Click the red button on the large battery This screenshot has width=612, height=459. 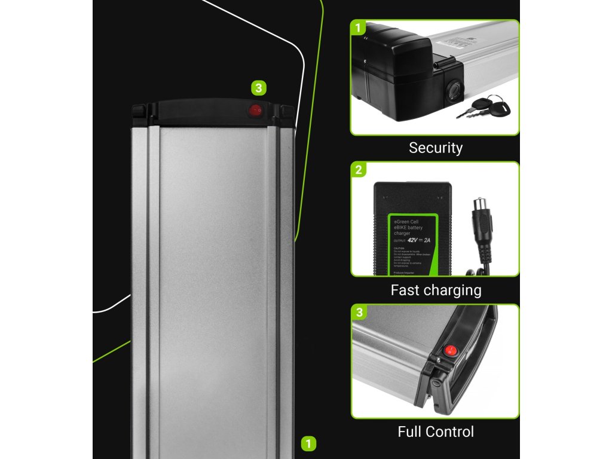coord(256,110)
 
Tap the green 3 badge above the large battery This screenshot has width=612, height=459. coord(258,88)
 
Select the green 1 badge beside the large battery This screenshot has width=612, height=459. coord(308,443)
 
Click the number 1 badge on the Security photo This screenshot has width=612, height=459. coord(359,27)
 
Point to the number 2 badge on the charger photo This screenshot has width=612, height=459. coord(359,170)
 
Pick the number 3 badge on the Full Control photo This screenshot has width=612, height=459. coord(359,313)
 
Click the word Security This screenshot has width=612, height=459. coord(435,148)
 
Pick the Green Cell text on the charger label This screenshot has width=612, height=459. coord(406,221)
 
